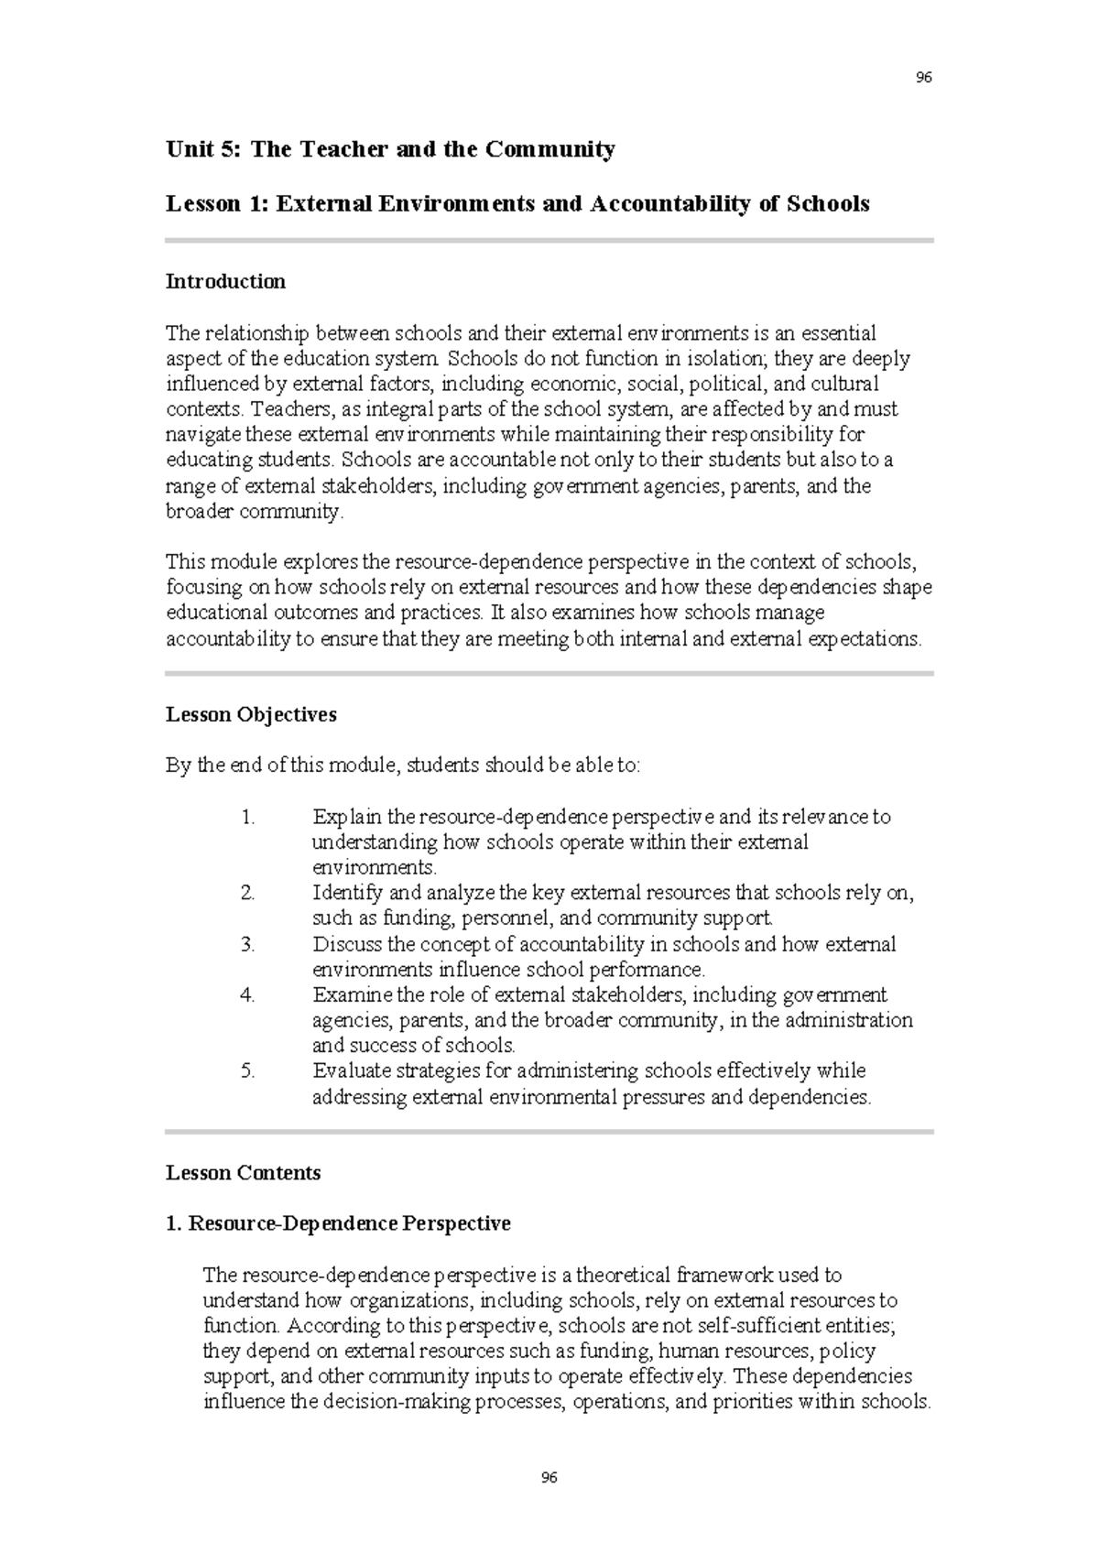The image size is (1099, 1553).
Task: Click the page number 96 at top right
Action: coord(923,78)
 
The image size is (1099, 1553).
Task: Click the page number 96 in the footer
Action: coord(549,1477)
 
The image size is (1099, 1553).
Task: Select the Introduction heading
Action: coord(225,281)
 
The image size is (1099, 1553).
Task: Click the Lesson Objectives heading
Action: coord(251,714)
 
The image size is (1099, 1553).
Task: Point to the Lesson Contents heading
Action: coord(243,1173)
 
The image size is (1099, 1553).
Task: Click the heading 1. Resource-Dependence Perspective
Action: coord(338,1223)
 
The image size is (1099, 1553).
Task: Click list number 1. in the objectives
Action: coord(247,817)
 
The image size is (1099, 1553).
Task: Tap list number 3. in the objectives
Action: coord(247,944)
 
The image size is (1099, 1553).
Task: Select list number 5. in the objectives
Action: coord(247,1070)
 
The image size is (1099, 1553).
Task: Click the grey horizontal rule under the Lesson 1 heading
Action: coord(549,241)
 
